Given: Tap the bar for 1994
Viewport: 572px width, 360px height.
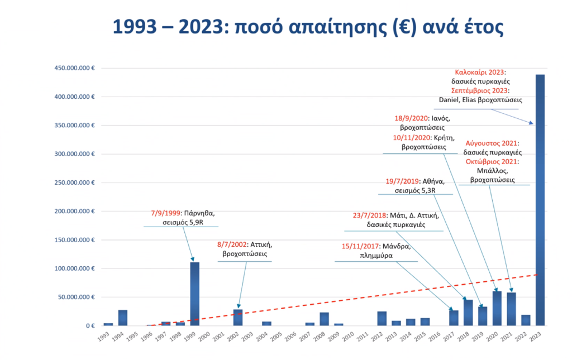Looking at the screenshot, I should click(123, 318).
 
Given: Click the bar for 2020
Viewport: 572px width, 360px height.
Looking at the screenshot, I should click(497, 308).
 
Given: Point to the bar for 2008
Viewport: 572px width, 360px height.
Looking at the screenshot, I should click(325, 319).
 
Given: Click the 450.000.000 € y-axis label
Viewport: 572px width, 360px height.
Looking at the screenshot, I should click(74, 68).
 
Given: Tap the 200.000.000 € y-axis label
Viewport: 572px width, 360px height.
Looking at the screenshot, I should click(74, 212).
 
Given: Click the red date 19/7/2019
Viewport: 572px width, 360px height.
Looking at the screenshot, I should click(402, 181).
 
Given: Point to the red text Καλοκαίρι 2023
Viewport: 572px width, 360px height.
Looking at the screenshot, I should click(480, 72).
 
